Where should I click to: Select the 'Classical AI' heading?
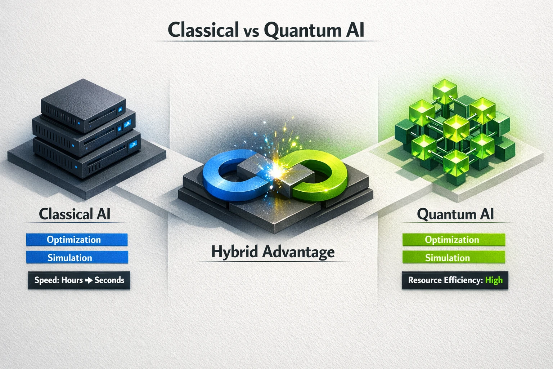(75, 214)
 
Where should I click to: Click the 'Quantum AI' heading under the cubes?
(455, 214)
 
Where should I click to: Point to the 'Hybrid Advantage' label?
(273, 252)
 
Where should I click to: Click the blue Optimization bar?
(77, 240)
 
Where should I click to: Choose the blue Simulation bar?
(77, 258)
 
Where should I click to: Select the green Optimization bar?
(454, 240)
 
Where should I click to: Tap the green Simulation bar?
(454, 258)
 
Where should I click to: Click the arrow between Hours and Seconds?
(89, 280)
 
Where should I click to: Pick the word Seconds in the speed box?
(109, 280)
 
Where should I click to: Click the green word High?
(494, 280)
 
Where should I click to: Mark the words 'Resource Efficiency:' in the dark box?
(445, 280)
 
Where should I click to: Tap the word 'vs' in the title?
(251, 31)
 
